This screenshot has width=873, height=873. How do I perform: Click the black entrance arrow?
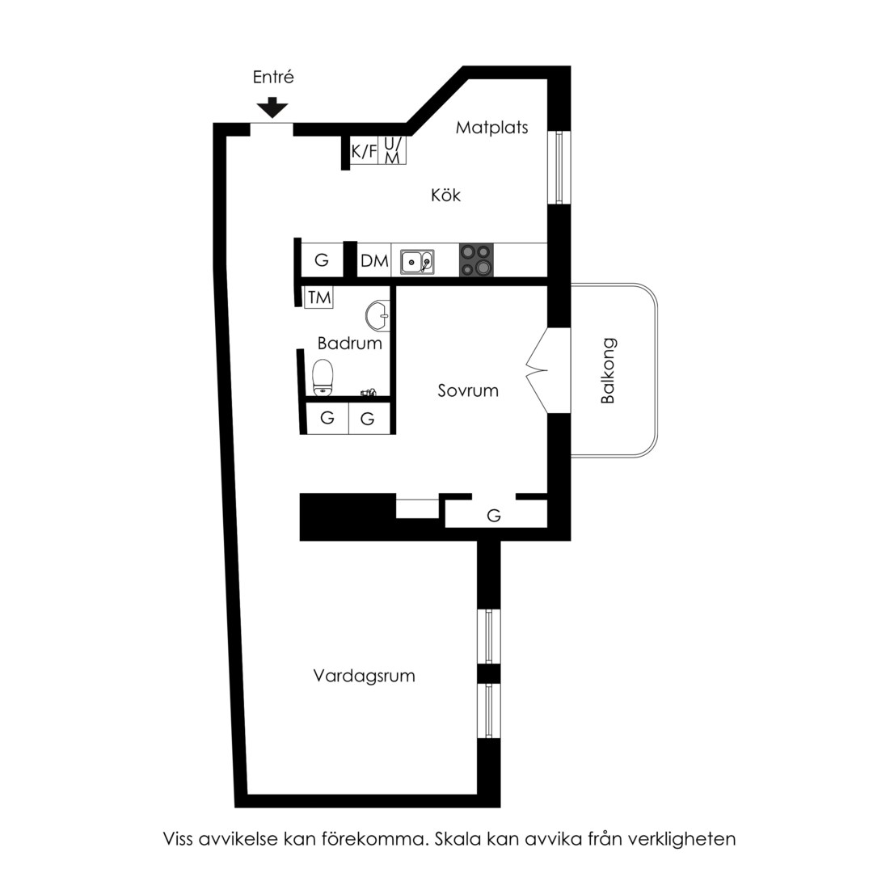[x=272, y=108]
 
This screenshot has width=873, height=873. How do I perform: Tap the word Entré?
[x=273, y=77]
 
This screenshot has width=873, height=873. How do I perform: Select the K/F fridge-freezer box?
[x=364, y=150]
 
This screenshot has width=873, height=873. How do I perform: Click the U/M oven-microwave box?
[x=392, y=150]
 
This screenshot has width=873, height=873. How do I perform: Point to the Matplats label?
[x=491, y=128]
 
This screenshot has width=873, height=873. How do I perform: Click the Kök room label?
[x=446, y=195]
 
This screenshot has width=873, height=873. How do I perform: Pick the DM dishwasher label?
[x=374, y=260]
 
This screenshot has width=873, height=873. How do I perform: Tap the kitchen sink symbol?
[x=417, y=262]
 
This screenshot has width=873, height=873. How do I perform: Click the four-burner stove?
[x=476, y=260]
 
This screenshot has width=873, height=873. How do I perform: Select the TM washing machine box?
[x=319, y=297]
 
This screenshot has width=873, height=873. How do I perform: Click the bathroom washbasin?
[x=377, y=316]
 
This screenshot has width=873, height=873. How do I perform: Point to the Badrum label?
[x=350, y=343]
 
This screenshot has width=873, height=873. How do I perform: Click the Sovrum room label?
[x=468, y=390]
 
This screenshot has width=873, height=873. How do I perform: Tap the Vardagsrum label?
[x=364, y=676]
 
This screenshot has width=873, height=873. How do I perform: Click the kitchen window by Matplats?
[x=559, y=167]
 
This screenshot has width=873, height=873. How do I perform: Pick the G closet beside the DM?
[x=322, y=260]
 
